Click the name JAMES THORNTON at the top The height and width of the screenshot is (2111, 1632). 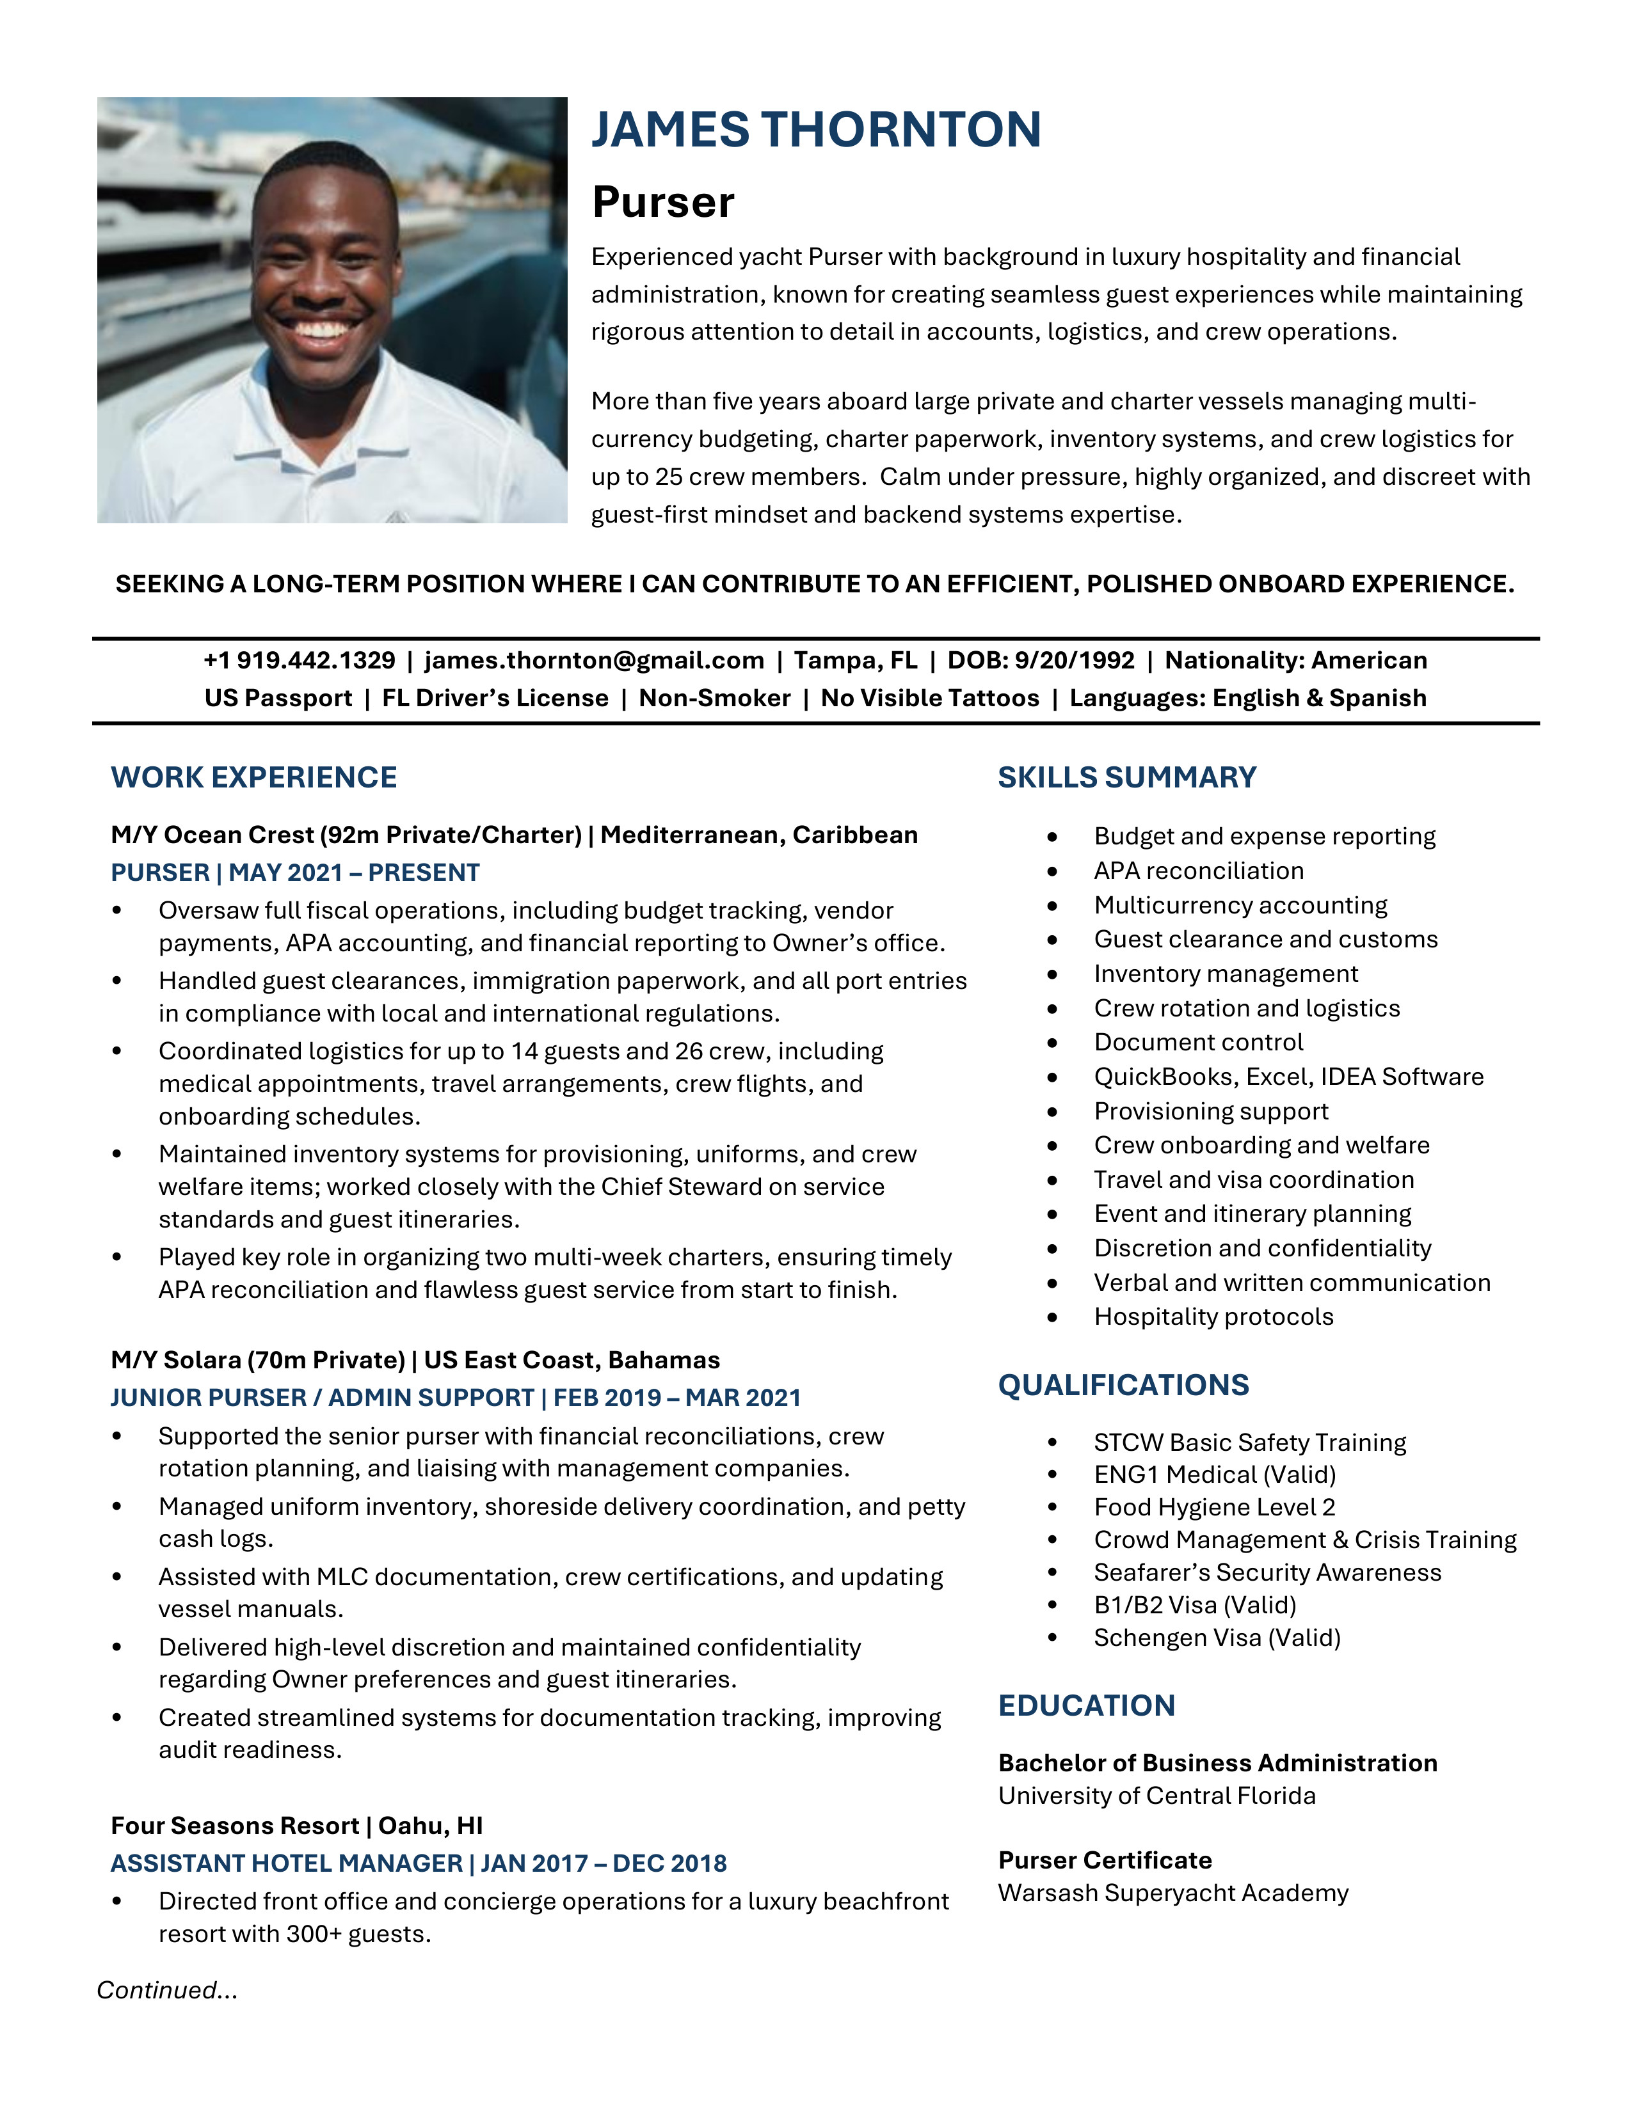tap(816, 129)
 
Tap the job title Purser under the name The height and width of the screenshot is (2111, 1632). tap(663, 202)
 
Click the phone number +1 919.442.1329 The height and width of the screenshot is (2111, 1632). tap(299, 660)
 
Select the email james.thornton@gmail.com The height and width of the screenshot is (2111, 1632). tap(594, 660)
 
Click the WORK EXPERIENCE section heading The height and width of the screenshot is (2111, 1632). tap(253, 777)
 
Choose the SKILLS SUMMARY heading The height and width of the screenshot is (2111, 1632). tap(1126, 777)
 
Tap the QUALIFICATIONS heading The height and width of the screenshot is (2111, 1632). tap(1123, 1385)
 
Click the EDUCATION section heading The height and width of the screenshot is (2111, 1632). tap(1085, 1705)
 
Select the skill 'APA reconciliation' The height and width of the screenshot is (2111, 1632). tap(1198, 871)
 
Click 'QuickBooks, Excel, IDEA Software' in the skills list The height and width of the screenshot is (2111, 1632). tap(1288, 1077)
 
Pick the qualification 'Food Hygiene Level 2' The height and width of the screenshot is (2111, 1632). tap(1213, 1507)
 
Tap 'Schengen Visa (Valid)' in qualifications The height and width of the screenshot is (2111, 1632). tap(1216, 1638)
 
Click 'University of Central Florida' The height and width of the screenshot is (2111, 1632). tap(1156, 1796)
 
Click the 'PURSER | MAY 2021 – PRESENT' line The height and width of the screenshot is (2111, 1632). tap(295, 873)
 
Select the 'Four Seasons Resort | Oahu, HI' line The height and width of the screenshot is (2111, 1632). tap(296, 1826)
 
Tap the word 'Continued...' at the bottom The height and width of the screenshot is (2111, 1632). tap(166, 1990)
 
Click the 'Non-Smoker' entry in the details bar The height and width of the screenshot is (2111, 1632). tap(714, 698)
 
